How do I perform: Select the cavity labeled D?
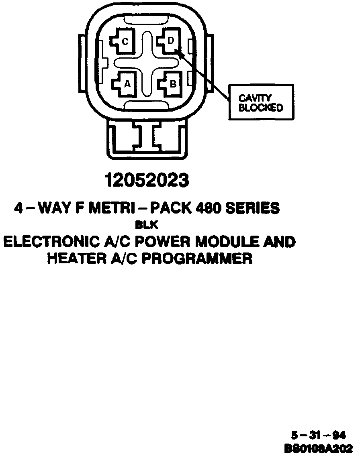pyautogui.click(x=170, y=41)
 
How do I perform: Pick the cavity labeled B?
pyautogui.click(x=171, y=83)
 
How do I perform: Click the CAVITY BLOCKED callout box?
pyautogui.click(x=261, y=102)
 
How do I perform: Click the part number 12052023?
pyautogui.click(x=147, y=180)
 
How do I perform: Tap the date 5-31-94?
pyautogui.click(x=318, y=436)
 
